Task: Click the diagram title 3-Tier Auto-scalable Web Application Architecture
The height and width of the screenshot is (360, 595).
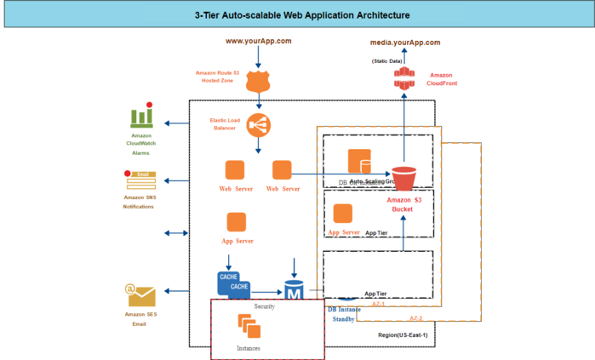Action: tap(296, 15)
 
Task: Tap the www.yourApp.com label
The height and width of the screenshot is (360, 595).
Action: tap(258, 41)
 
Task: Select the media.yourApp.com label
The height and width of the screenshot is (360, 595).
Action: tap(404, 42)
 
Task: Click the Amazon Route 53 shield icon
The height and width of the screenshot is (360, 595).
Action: tap(258, 81)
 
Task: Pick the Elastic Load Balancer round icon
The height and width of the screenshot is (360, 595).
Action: tap(258, 125)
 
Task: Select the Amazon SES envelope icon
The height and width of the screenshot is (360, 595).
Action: tap(140, 294)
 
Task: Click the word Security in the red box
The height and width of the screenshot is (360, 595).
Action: tap(264, 306)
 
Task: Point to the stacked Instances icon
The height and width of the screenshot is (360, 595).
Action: tap(249, 325)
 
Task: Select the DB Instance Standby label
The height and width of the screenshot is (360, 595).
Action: tap(344, 314)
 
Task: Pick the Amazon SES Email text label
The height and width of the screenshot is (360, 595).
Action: tap(140, 319)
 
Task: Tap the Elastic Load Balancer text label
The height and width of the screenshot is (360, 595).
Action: tap(224, 124)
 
